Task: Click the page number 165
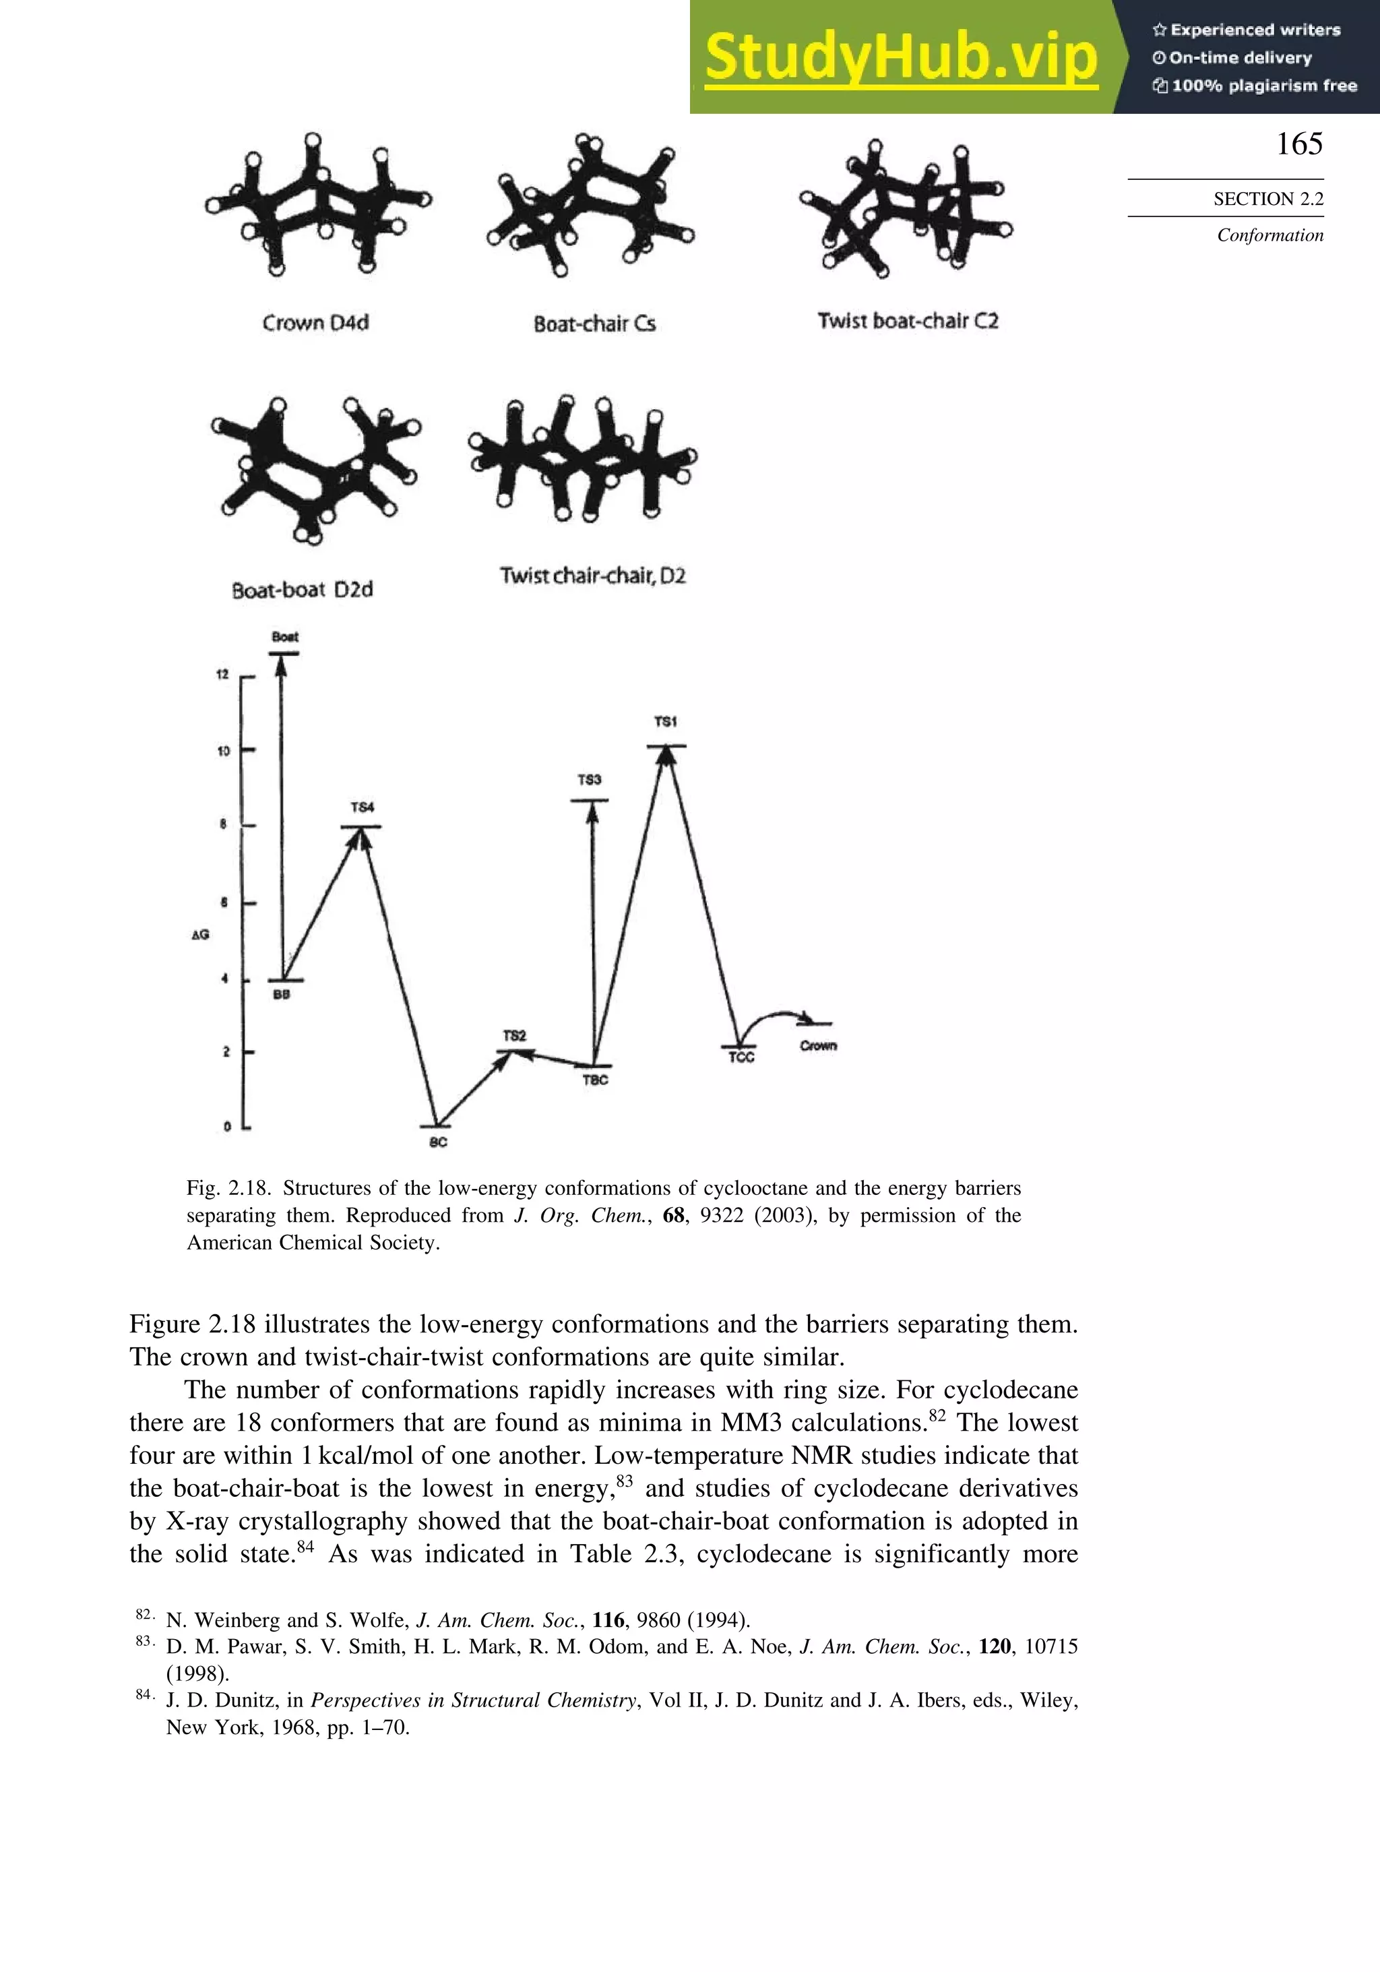[x=1298, y=144]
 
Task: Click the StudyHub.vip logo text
[x=901, y=57]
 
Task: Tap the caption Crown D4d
[x=315, y=323]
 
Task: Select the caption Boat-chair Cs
[x=594, y=323]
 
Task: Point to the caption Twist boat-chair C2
[x=908, y=321]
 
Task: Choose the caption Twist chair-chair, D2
[x=592, y=576]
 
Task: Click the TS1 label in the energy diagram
[x=666, y=721]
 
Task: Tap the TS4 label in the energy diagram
[x=363, y=807]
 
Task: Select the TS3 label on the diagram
[x=589, y=780]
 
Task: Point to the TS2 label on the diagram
[x=514, y=1036]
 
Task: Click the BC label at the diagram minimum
[x=438, y=1142]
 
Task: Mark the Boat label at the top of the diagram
[x=285, y=636]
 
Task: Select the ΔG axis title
[x=200, y=935]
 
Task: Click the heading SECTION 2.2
[x=1267, y=199]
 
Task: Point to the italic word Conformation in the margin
[x=1269, y=235]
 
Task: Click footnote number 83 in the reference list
[x=143, y=1641]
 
